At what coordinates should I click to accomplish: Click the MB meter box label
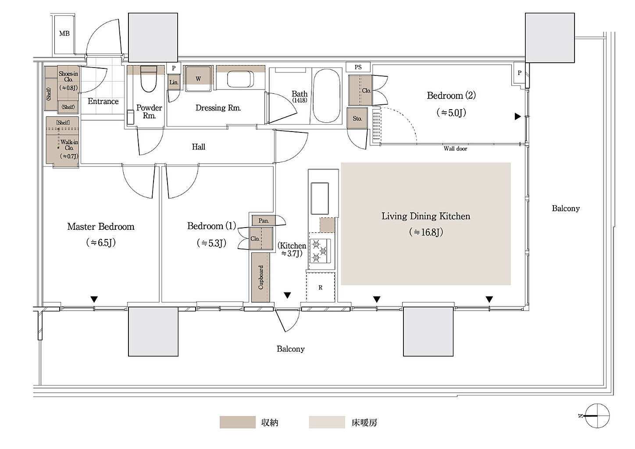(x=64, y=34)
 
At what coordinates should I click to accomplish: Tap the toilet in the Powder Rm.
(x=149, y=79)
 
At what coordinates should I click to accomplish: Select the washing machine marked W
(x=198, y=78)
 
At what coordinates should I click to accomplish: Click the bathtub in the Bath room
(x=327, y=96)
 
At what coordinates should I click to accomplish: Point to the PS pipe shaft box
(x=358, y=67)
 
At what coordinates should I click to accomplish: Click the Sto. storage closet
(x=357, y=118)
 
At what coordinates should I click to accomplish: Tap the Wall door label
(x=455, y=149)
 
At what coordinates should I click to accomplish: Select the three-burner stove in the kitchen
(x=320, y=251)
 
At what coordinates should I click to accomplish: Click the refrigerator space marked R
(x=321, y=287)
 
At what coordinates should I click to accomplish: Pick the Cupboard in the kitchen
(x=260, y=277)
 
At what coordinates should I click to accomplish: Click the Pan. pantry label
(x=264, y=221)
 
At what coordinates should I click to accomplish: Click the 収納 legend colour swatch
(x=238, y=422)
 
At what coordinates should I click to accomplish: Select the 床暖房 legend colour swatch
(x=327, y=422)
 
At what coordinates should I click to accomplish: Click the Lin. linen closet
(x=174, y=82)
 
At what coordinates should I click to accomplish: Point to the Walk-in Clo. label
(x=69, y=145)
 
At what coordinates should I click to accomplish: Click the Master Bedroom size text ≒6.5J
(x=101, y=242)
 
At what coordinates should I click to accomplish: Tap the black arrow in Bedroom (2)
(x=517, y=116)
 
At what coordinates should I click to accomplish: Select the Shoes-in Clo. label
(x=68, y=77)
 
